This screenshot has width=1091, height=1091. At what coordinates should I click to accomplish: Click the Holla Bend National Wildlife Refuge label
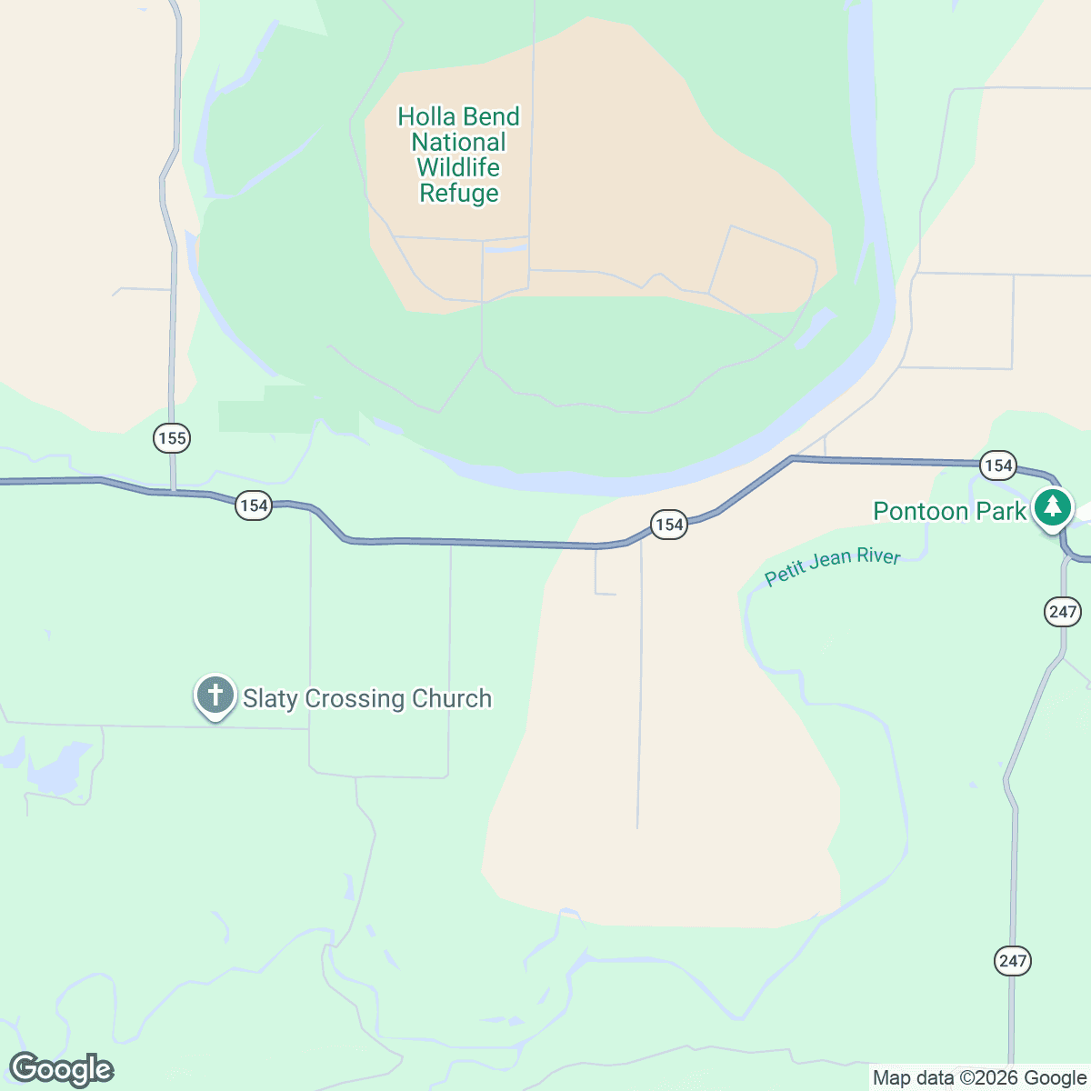(x=459, y=155)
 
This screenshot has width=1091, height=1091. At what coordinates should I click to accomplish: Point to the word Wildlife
(x=458, y=167)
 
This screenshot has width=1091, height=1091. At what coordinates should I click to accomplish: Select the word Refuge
(x=459, y=193)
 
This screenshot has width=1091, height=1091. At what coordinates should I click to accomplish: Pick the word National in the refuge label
(x=458, y=142)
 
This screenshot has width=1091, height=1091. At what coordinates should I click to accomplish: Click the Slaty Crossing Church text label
(x=367, y=698)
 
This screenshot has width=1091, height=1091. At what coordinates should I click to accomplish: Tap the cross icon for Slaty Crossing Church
(x=215, y=696)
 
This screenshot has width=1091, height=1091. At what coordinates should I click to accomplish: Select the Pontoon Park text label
(x=949, y=511)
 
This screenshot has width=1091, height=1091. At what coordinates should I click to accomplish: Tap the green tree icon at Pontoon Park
(x=1053, y=506)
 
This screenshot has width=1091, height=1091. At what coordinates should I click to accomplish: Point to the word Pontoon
(x=921, y=511)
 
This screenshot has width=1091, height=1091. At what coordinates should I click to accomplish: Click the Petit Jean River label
(x=832, y=566)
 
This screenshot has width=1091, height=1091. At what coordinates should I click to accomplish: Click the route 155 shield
(x=171, y=438)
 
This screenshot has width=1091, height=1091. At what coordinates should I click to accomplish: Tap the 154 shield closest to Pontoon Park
(x=998, y=465)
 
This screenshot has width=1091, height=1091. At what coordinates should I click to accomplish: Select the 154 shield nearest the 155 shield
(x=253, y=505)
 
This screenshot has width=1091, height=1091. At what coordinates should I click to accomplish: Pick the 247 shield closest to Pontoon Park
(x=1062, y=611)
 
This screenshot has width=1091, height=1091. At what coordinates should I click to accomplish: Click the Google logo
(x=61, y=1070)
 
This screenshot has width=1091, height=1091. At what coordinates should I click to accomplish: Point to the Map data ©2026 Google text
(x=979, y=1078)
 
